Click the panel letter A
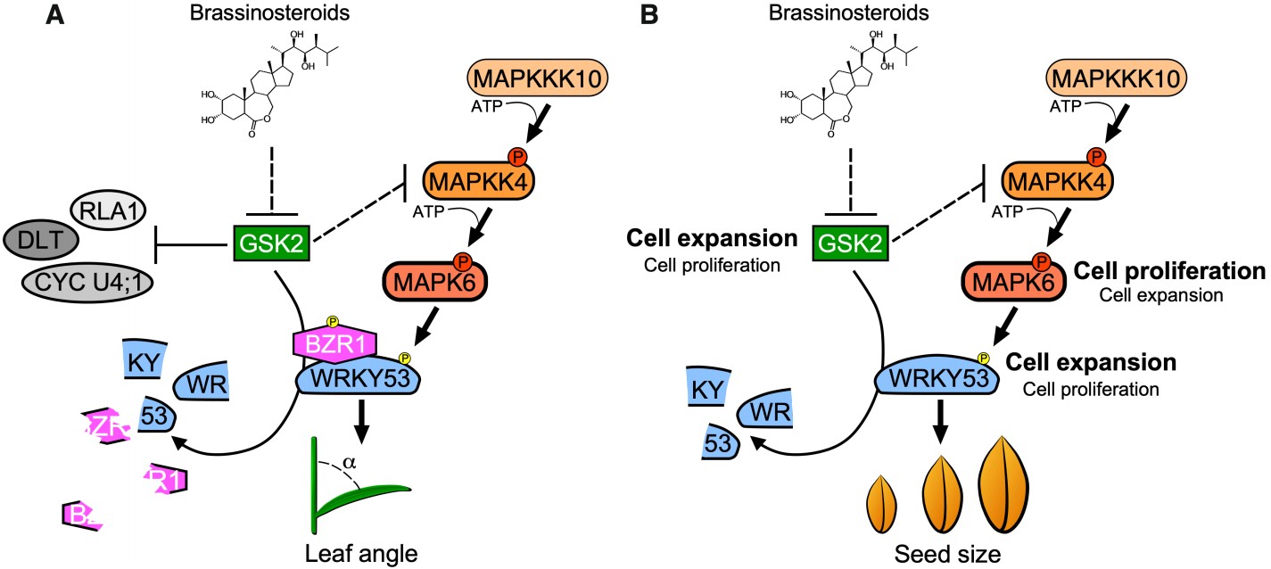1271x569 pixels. point(55,15)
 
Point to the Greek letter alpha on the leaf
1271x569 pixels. point(351,464)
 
